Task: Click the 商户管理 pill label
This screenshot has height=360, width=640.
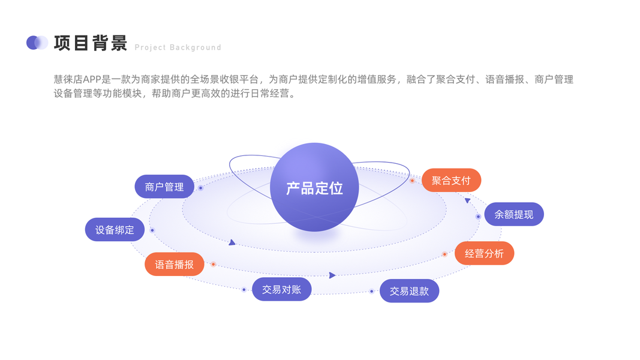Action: (164, 187)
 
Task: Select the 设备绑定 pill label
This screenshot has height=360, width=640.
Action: (115, 230)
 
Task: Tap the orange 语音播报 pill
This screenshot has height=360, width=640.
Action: (175, 265)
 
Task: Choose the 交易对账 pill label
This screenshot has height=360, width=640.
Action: (281, 289)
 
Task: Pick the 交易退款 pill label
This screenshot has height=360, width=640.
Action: (409, 291)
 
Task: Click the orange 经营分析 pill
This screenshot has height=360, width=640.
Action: (484, 253)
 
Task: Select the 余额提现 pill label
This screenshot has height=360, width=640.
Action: (513, 214)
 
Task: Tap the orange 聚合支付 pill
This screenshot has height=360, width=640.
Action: (451, 180)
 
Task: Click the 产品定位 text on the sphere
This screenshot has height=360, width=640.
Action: (314, 188)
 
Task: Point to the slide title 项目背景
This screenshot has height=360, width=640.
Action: (91, 43)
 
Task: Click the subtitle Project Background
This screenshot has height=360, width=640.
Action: (178, 47)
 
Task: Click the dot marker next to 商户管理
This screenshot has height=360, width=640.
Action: (200, 188)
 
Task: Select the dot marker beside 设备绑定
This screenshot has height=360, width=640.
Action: (152, 230)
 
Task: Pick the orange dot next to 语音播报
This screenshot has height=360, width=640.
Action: (213, 264)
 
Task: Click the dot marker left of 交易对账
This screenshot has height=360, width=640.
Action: (244, 290)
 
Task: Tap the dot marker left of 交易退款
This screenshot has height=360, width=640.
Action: (371, 292)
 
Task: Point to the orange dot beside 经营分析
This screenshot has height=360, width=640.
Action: (444, 254)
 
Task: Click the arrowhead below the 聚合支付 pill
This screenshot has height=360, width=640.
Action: (467, 200)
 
